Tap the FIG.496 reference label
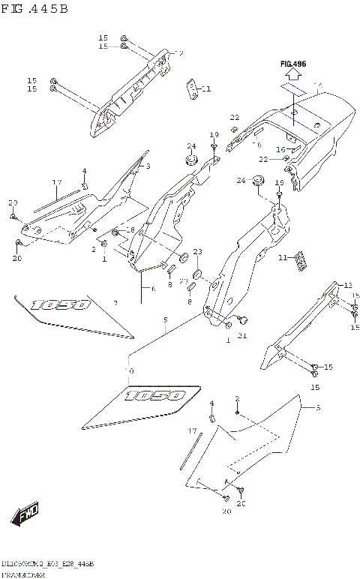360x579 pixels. point(294,65)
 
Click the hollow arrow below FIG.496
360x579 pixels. point(293,85)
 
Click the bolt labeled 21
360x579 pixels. point(242,321)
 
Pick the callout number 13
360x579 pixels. point(347,285)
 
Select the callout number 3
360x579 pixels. point(148,166)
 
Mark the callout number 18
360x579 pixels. point(130,229)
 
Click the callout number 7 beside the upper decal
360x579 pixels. point(115,303)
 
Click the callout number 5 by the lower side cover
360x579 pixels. point(317,408)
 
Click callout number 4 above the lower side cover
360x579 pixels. point(211,403)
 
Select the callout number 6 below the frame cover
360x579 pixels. point(152,288)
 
